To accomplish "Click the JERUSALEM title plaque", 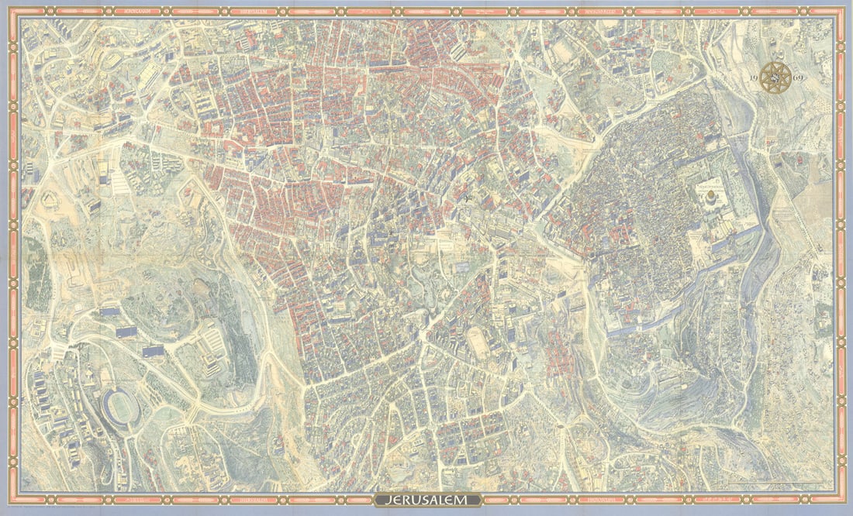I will (x=427, y=500).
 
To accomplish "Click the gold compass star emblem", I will (x=775, y=77).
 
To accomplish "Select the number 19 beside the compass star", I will (x=755, y=80).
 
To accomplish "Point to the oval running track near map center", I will (x=478, y=342).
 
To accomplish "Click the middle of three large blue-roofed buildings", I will (x=126, y=331).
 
